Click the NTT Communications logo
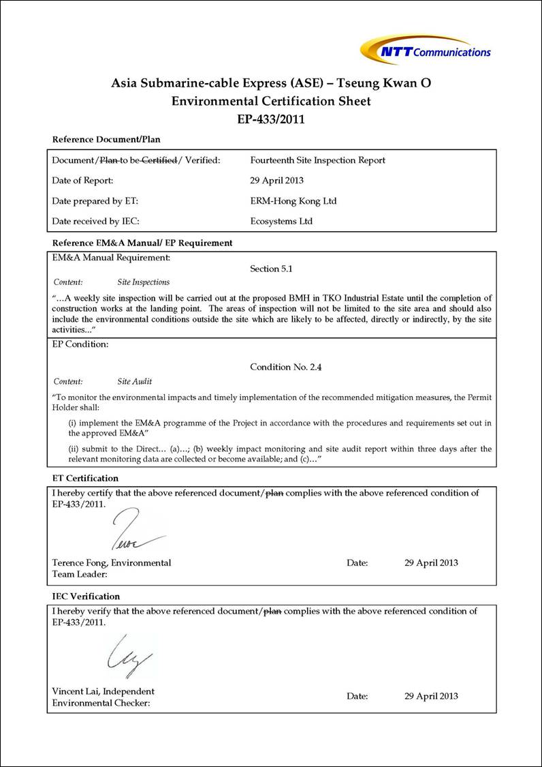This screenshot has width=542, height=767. click(x=426, y=50)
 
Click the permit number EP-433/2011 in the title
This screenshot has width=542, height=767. click(x=271, y=119)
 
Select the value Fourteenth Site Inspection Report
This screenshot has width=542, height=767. click(x=317, y=160)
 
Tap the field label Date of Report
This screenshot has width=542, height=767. click(x=82, y=181)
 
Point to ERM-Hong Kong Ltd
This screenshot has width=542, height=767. click(x=293, y=201)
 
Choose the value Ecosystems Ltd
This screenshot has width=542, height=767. click(x=281, y=222)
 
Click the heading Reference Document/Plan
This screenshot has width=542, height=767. click(x=106, y=140)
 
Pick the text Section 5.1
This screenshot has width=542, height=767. click(x=271, y=269)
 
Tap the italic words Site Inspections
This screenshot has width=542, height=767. click(x=144, y=282)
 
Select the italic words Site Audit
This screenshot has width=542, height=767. click(x=135, y=382)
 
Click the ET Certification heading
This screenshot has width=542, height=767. click(x=85, y=478)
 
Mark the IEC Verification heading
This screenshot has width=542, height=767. click(x=86, y=597)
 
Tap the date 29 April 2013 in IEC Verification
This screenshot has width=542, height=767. click(x=431, y=696)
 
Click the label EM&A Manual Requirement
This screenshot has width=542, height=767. click(x=111, y=258)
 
